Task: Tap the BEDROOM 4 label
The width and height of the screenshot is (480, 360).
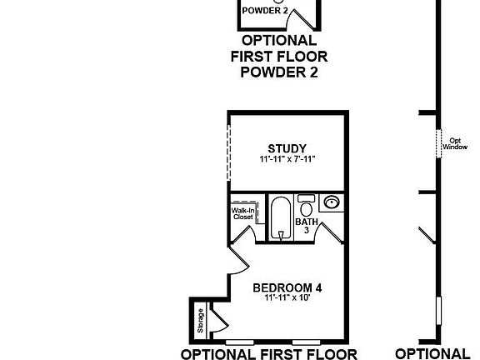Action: coord(287,287)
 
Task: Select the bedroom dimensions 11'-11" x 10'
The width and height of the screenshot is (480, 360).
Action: coord(287,297)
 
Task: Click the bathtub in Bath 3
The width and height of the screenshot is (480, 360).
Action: coord(279,218)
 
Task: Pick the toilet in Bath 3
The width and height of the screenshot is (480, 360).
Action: coord(307,207)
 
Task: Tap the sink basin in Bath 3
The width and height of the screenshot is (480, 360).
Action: coord(332,202)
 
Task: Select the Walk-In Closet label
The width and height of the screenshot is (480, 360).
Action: coord(242,213)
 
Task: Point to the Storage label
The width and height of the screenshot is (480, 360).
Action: coord(200,322)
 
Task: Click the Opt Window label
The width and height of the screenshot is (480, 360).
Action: coord(455,143)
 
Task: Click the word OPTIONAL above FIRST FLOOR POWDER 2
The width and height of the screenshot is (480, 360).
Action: coord(278,41)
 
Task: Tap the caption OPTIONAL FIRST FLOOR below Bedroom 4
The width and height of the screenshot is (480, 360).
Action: coord(268,353)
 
